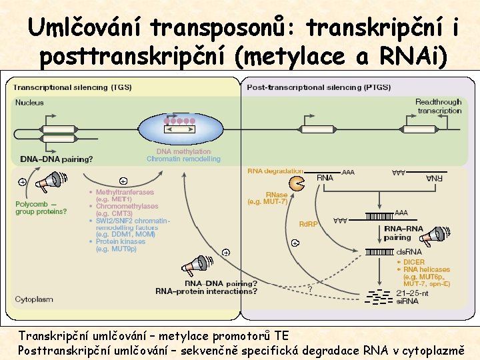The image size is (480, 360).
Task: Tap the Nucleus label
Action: click(x=29, y=103)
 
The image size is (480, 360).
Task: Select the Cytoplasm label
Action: click(x=33, y=299)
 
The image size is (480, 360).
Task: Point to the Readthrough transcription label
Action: click(x=439, y=106)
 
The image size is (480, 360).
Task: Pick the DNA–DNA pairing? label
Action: click(x=56, y=159)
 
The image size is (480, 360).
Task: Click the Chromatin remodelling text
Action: click(x=183, y=159)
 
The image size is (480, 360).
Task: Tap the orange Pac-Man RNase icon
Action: click(x=295, y=183)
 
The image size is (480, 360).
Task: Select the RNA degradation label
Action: click(x=275, y=171)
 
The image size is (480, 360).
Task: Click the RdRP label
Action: click(x=308, y=224)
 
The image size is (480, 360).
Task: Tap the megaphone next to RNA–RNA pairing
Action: click(x=434, y=235)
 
